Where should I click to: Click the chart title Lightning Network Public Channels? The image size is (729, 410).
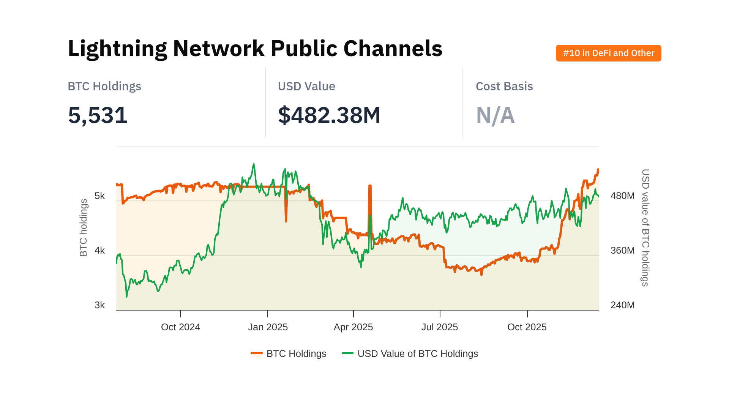(x=255, y=49)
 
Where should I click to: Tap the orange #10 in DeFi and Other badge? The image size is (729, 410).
(x=608, y=53)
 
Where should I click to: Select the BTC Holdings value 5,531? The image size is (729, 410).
(x=98, y=115)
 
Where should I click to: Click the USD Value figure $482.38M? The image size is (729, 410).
(x=329, y=115)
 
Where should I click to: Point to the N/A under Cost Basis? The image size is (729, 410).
(x=495, y=115)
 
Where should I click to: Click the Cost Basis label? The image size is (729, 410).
(x=504, y=86)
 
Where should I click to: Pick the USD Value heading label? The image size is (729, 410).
(x=306, y=86)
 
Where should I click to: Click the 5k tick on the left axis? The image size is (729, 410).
(x=99, y=196)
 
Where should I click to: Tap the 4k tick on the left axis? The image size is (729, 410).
(x=99, y=251)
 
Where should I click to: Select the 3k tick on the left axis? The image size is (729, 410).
(x=99, y=305)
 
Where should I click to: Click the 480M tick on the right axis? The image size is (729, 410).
(x=622, y=196)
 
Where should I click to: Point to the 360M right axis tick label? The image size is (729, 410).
(x=622, y=251)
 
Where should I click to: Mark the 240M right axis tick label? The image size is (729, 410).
(x=622, y=305)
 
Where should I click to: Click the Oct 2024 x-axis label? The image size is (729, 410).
(x=180, y=327)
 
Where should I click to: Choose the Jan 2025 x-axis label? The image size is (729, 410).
(x=268, y=327)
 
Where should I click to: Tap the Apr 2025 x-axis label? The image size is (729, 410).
(x=353, y=327)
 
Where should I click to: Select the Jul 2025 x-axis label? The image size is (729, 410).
(x=440, y=327)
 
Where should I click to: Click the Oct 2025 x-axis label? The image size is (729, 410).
(x=527, y=327)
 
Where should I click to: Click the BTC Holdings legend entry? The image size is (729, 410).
(x=289, y=354)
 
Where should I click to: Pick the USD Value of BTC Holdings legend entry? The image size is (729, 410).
(x=410, y=354)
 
